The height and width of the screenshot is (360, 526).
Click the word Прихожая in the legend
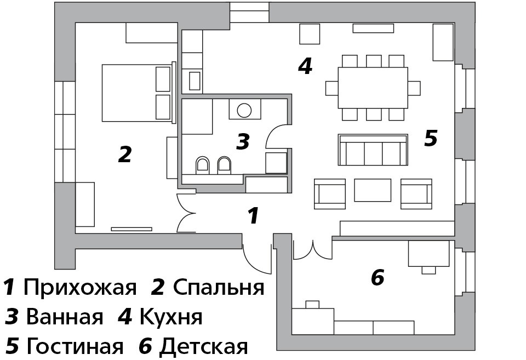pos(80,288)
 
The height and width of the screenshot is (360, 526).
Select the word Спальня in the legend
pos(219,288)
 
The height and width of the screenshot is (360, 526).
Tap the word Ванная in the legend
pos(65,316)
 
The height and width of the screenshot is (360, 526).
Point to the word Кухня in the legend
pos(171,316)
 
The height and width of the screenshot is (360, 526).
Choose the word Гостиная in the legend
pos(75,346)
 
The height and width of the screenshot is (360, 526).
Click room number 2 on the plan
pos(125,154)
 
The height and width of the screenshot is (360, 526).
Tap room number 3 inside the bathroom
pos(243,141)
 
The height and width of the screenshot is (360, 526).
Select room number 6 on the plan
pos(378,277)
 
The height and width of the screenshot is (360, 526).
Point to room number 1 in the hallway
pos(253,215)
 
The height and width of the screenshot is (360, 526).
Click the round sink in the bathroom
pos(244,110)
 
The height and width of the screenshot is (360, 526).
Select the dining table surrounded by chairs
pos(373,88)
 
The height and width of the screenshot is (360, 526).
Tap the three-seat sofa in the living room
pos(373,150)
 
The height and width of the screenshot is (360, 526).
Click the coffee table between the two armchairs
pos(373,190)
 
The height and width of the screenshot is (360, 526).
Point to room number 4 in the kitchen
pos(305,66)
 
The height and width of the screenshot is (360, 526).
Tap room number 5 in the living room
pos(431,138)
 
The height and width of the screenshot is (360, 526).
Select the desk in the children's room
pos(428,253)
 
